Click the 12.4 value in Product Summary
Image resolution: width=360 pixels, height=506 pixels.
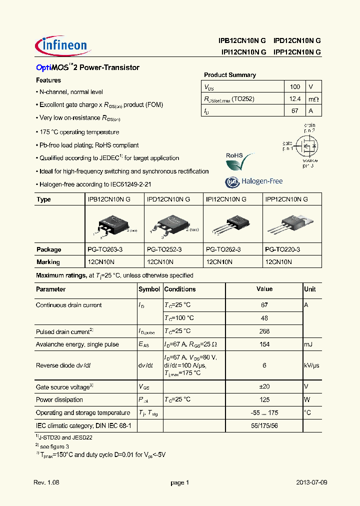[x=295, y=99]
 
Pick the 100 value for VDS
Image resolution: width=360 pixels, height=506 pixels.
[x=295, y=86]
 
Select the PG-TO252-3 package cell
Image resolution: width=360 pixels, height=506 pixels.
[x=164, y=249]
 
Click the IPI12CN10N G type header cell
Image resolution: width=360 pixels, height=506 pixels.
[x=226, y=199]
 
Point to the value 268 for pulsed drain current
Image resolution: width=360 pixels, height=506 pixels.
[x=264, y=331]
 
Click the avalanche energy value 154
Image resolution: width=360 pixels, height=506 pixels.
[x=264, y=344]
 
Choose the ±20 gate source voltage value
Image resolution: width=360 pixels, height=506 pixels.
[x=264, y=386]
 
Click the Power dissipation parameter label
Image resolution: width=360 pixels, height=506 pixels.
[x=59, y=399]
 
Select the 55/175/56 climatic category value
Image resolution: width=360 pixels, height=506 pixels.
[x=264, y=425]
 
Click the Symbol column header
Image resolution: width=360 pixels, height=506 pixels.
[x=149, y=289]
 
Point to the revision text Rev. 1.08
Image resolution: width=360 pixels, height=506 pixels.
[x=46, y=482]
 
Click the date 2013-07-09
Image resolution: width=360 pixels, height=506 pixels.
[x=311, y=482]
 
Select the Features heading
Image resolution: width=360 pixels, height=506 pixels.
[x=48, y=80]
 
